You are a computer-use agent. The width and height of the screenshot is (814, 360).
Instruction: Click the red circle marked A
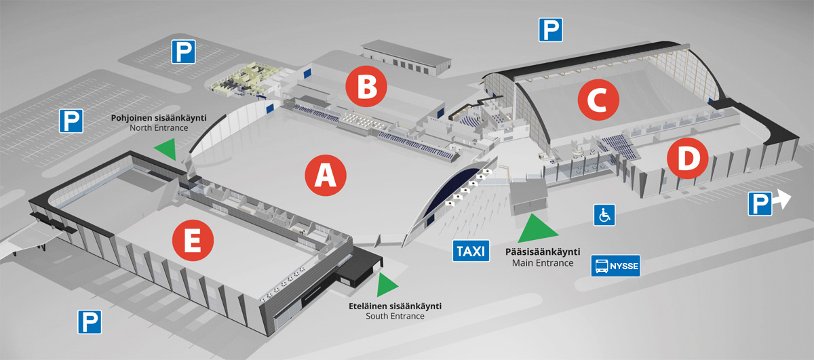[x=325, y=175]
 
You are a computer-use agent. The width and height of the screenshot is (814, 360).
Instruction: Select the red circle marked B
[x=366, y=86]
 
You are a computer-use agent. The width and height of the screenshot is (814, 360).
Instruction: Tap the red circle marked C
[x=598, y=100]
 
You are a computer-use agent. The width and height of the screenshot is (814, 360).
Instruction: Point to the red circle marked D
[x=688, y=158]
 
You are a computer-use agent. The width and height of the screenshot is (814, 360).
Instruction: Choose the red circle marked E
[x=193, y=240]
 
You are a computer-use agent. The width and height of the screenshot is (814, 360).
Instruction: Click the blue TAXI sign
[x=471, y=251]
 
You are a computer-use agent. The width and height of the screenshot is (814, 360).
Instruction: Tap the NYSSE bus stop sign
[x=615, y=266]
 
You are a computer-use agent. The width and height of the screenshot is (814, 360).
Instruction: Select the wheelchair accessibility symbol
[x=604, y=215]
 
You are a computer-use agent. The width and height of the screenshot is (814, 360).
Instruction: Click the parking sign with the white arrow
[x=760, y=204]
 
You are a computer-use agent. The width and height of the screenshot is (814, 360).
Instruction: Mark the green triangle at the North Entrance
[x=167, y=148]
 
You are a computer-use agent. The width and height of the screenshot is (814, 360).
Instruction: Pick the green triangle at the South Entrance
[x=386, y=285]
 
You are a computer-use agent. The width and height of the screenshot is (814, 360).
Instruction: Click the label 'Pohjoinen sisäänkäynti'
[x=159, y=118]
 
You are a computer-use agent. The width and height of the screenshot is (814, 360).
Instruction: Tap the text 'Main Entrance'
[x=543, y=262]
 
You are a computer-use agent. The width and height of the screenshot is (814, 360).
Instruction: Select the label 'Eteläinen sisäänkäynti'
[x=395, y=306]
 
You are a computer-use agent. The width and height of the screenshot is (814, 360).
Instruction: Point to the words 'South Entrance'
[x=395, y=316]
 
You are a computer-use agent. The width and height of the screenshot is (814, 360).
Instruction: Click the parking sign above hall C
[x=551, y=30]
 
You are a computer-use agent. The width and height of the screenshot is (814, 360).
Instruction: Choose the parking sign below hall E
[x=90, y=322]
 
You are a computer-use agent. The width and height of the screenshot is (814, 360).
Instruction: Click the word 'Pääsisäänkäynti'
[x=543, y=252]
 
